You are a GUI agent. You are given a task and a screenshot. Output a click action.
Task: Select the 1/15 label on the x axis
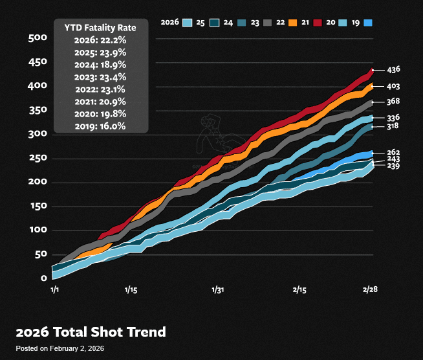point(131,290)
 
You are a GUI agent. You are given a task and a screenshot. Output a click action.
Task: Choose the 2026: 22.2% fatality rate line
point(100,40)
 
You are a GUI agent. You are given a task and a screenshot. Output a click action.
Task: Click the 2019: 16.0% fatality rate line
point(100,126)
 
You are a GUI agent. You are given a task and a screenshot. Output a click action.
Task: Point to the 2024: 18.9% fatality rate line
point(100,65)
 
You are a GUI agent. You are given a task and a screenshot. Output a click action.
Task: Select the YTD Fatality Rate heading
point(100,28)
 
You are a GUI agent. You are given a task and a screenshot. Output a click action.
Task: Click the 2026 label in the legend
point(171,23)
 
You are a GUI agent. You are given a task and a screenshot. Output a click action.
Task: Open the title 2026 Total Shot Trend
point(91,332)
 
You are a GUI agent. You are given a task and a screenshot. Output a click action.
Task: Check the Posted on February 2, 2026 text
point(60,349)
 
